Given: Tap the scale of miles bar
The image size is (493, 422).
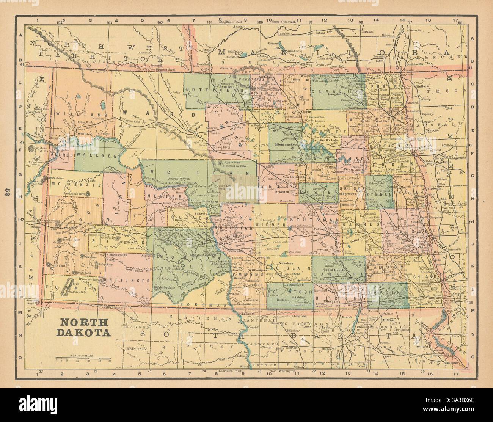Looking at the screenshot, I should point(83,358).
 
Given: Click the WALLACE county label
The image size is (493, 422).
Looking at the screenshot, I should point(96,155).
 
